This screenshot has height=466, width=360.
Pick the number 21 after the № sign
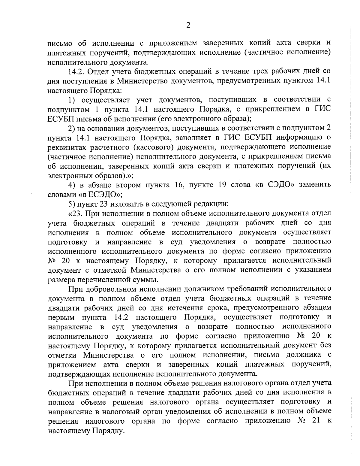314,421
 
